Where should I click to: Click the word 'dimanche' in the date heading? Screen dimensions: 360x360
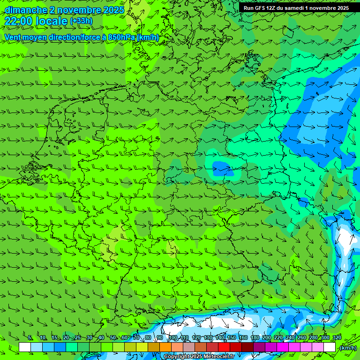click(x=26, y=10)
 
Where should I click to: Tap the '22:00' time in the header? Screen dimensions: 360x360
click(x=18, y=21)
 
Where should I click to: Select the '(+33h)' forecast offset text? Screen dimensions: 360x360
click(x=81, y=21)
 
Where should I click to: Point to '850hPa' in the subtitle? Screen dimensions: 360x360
click(x=121, y=37)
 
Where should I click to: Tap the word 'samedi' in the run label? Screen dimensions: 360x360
click(x=299, y=8)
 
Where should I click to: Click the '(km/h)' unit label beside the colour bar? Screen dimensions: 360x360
click(x=348, y=348)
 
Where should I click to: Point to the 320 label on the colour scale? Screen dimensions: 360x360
click(x=337, y=337)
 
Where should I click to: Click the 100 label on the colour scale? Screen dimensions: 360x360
click(x=172, y=337)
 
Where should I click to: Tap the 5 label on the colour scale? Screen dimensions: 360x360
click(x=30, y=337)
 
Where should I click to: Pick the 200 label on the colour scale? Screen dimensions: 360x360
click(x=266, y=337)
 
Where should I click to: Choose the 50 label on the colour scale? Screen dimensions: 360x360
click(x=112, y=337)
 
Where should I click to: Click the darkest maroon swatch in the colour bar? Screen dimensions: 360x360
click(x=247, y=347)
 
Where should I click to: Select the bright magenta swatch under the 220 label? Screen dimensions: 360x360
click(x=283, y=347)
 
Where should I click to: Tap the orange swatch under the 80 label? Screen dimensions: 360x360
click(x=154, y=347)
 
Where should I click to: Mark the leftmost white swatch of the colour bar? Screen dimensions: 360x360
click(x=25, y=347)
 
